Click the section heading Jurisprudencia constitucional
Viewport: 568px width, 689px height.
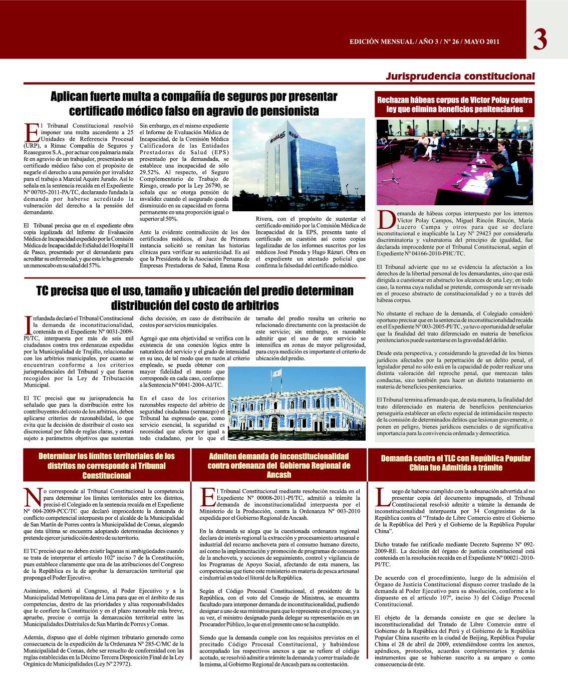point(460,77)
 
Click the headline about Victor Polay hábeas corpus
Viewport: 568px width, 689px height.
point(455,104)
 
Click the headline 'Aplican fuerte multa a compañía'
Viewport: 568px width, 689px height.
point(196,103)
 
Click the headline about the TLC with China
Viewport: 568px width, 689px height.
point(455,463)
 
